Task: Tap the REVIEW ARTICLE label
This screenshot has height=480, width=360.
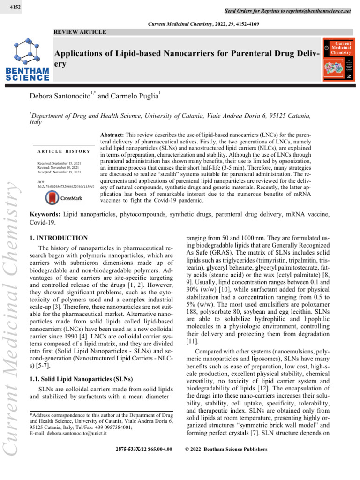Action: pyautogui.click(x=80, y=32)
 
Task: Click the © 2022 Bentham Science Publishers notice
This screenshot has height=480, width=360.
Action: pyautogui.click(x=226, y=449)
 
